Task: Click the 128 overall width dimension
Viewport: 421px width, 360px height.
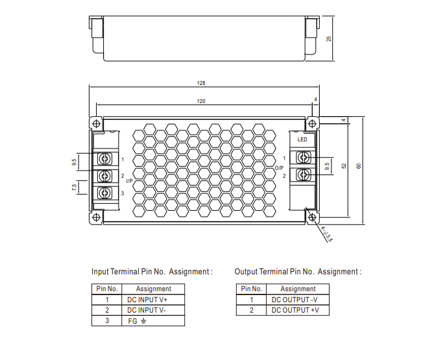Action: coord(201,83)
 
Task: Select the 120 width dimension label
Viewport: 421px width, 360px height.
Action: coord(201,101)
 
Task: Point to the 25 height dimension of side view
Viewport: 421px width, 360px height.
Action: coord(329,39)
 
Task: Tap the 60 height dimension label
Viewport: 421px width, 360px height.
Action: coord(358,166)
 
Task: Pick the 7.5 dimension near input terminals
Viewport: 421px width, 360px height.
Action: coord(75,187)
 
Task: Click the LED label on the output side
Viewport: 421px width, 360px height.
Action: coord(302,139)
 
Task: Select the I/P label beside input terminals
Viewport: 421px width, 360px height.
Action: coord(129,182)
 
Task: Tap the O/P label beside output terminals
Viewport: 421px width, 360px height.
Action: coord(279,167)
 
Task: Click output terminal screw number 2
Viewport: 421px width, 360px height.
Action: coord(303,174)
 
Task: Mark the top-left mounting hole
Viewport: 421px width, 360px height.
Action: coord(96,123)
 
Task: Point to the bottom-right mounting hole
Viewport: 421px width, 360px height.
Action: coord(312,217)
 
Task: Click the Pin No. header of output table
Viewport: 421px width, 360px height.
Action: coord(251,289)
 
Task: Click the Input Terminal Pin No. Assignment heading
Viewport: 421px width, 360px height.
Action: coord(152,272)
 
